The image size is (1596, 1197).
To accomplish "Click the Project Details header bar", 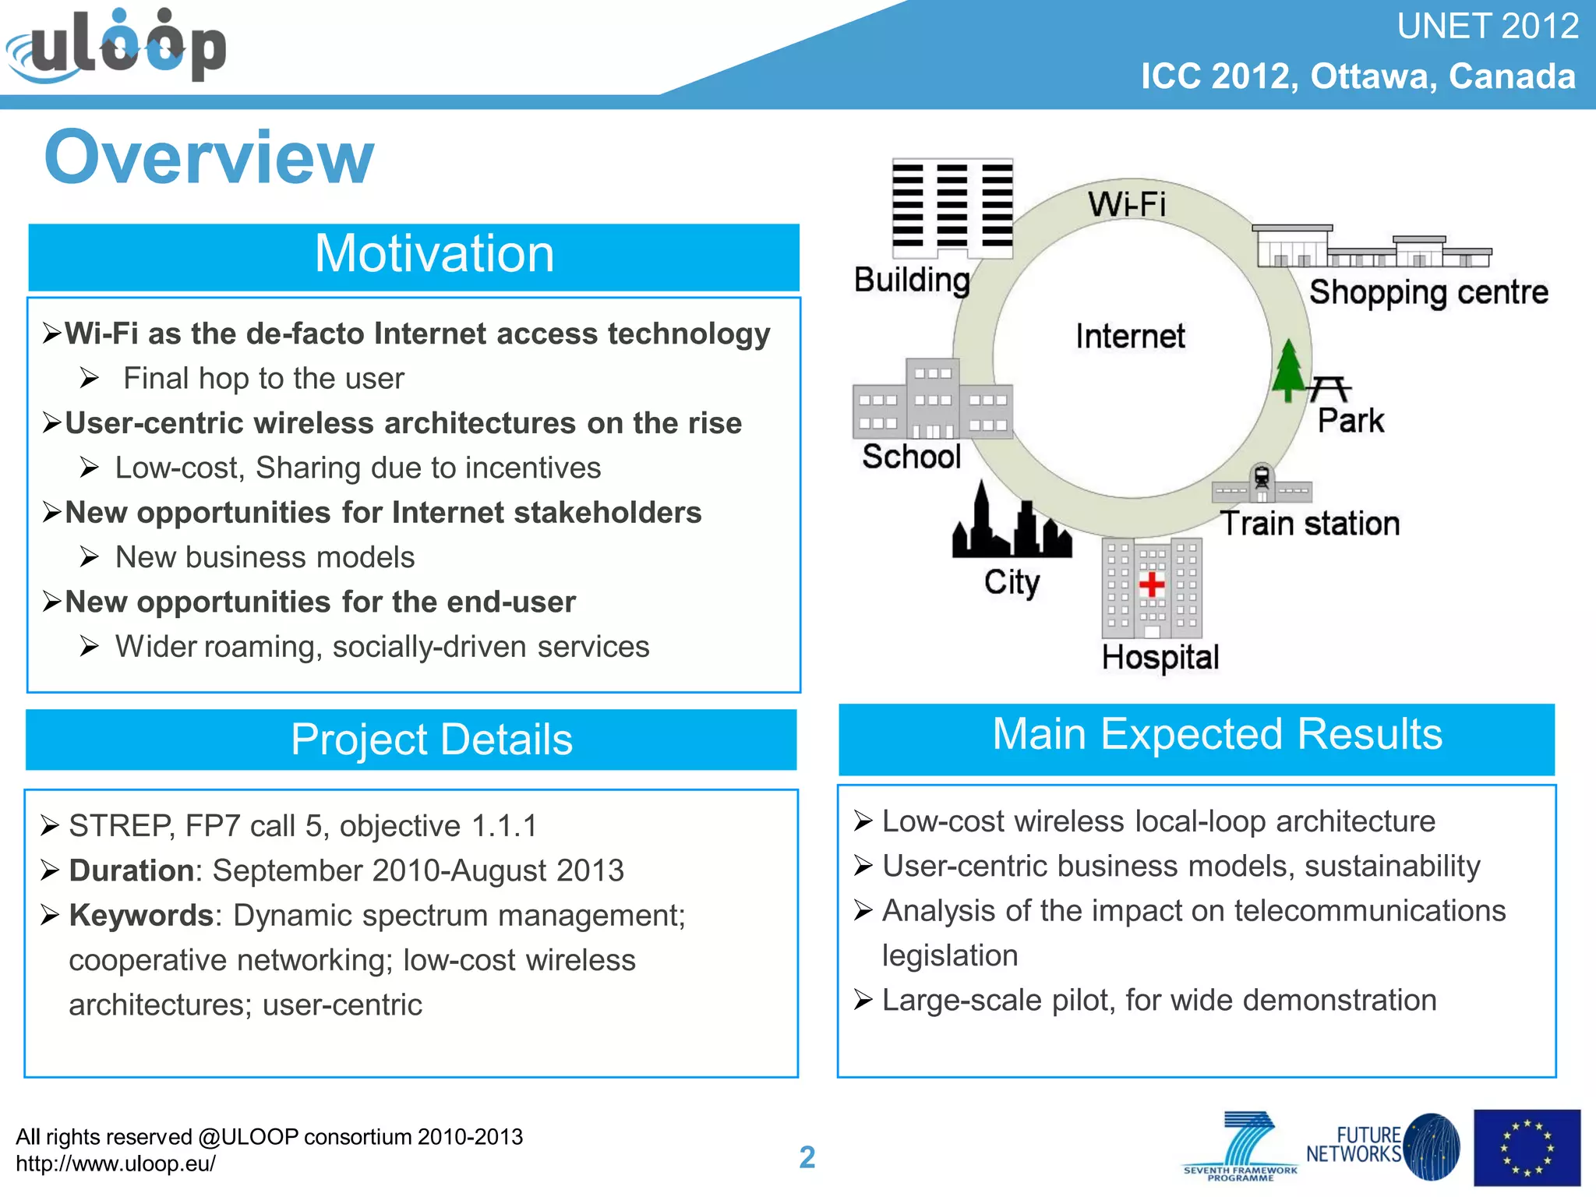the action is (411, 740).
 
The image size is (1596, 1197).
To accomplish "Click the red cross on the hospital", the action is (1152, 584).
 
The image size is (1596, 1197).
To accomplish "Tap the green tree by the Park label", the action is (1289, 369).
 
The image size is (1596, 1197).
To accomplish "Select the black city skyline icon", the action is (1012, 520).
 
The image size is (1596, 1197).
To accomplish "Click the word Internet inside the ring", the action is (1130, 336).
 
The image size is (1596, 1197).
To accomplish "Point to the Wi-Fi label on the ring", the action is (1127, 204).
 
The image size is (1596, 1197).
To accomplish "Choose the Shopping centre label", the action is (1428, 293).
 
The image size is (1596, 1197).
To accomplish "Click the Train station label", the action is (1310, 523).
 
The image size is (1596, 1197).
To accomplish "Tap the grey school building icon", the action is (933, 398).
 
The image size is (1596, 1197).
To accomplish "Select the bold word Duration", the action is (132, 870).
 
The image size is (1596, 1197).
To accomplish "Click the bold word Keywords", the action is (141, 916).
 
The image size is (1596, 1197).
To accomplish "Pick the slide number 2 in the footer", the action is (807, 1157).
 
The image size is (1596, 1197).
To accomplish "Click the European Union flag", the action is (1527, 1148).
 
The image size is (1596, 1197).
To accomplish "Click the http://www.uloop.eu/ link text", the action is (115, 1164).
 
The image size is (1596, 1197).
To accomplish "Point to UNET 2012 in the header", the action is (1488, 26).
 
